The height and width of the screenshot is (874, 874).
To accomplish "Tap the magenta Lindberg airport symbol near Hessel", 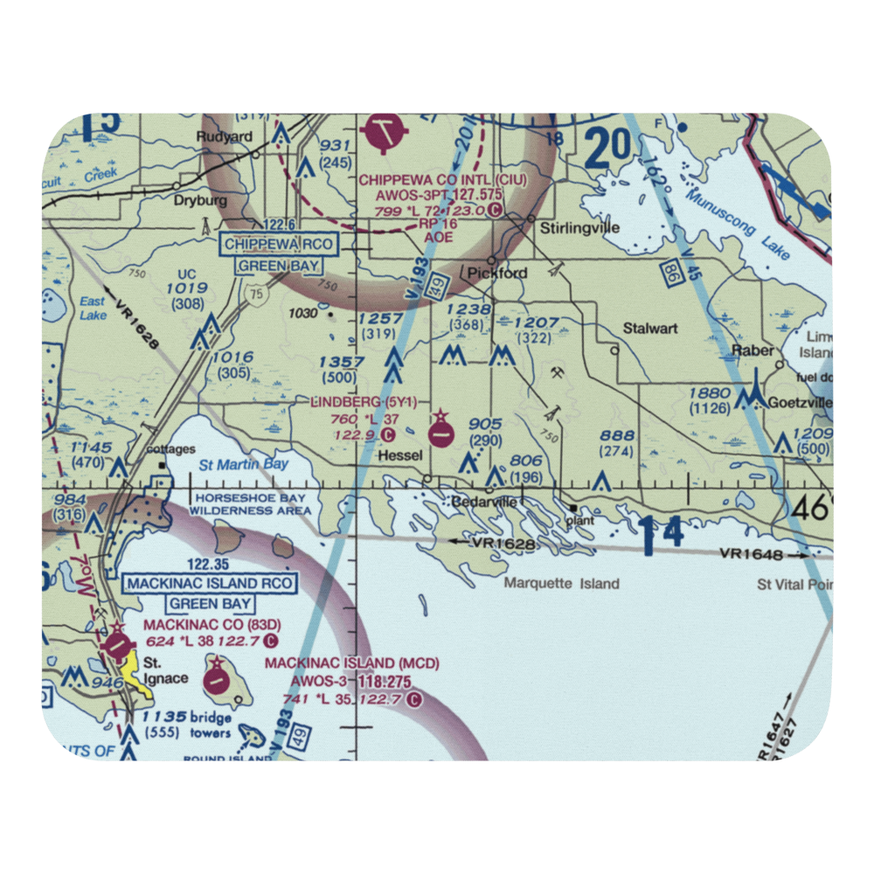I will [x=441, y=431].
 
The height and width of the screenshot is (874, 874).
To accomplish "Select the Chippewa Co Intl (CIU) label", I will [x=443, y=179].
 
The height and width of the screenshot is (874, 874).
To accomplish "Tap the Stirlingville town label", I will [x=580, y=228].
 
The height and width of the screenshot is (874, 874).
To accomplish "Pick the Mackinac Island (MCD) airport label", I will [x=351, y=664].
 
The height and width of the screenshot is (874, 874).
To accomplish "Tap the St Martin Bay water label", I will [x=244, y=464].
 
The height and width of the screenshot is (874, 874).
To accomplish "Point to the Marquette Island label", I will [x=560, y=583].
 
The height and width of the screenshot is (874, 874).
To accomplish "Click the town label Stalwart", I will [x=650, y=329].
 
